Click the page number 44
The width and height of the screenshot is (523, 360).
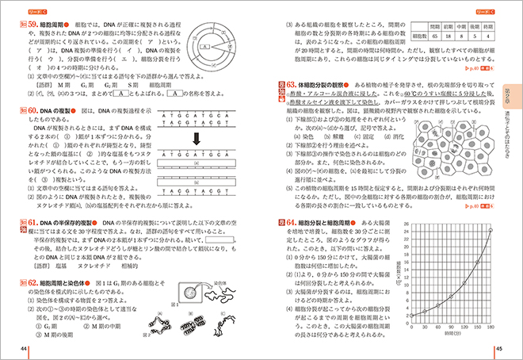click(x=24, y=349)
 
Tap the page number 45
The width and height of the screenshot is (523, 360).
click(x=499, y=349)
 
